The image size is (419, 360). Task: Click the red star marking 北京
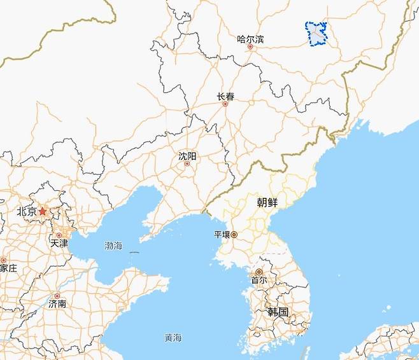(43, 211)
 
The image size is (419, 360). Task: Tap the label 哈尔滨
(250, 39)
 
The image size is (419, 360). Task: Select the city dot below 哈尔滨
(250, 47)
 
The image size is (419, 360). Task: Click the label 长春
(225, 97)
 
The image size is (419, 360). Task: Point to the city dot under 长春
(225, 104)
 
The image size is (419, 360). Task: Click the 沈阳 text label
(187, 156)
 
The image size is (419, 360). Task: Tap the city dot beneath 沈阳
(187, 164)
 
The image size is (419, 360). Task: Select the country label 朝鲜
(267, 203)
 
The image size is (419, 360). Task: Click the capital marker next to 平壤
(234, 235)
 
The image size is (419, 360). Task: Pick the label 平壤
(221, 235)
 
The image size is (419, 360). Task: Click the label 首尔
(259, 280)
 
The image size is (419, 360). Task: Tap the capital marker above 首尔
(259, 272)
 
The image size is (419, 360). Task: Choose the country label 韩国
(278, 312)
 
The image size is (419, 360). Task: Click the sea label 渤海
(115, 245)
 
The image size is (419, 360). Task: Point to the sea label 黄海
(173, 337)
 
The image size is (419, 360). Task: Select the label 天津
(59, 244)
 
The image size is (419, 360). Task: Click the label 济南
(57, 304)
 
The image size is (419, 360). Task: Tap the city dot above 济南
(57, 296)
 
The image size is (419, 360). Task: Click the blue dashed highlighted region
(316, 34)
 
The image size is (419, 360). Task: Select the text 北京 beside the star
(27, 212)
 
